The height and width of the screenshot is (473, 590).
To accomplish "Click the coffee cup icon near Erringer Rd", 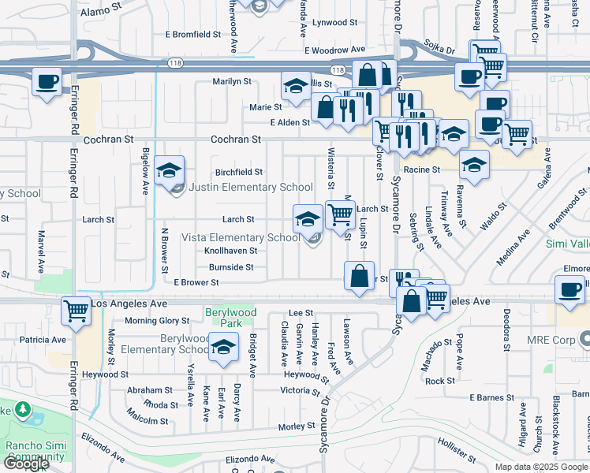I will pos(47,81).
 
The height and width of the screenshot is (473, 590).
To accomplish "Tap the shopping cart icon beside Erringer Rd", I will pos(75,311).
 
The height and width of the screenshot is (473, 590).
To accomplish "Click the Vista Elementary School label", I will pos(241,237).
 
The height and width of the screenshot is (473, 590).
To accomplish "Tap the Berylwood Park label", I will pos(232,313).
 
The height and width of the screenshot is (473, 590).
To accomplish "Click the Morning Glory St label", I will pos(157,321).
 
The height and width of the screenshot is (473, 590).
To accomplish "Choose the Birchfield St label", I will pos(239,172).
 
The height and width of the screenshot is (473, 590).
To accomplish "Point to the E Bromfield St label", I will pos(193,34).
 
